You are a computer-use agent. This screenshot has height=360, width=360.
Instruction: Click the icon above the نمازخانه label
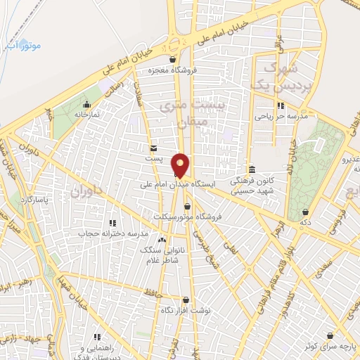point(87,104)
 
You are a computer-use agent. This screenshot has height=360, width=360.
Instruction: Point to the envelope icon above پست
point(154,148)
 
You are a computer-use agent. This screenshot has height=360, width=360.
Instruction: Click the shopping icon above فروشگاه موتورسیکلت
point(187,206)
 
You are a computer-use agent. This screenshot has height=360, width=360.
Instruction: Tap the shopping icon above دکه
point(305,211)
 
